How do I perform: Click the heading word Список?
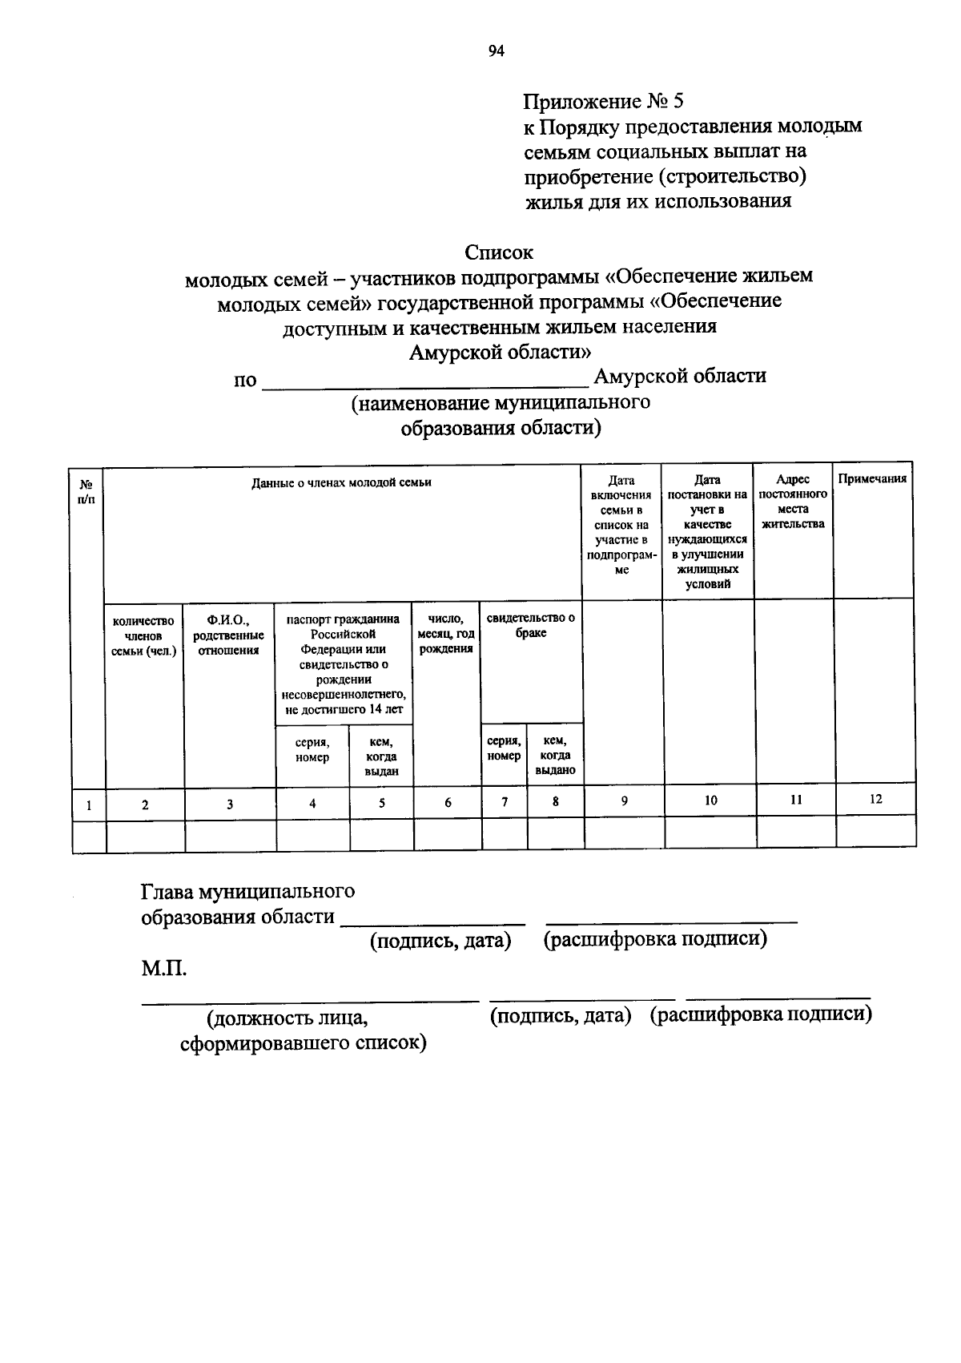[499, 252]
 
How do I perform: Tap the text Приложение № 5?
[603, 102]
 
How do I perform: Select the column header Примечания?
[872, 479]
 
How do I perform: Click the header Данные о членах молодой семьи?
[341, 482]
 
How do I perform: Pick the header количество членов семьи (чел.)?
[144, 636]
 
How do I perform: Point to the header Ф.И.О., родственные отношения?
[229, 635]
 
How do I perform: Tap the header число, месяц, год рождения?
[446, 634]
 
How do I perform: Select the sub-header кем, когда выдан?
[381, 756]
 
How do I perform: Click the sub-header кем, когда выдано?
[555, 755]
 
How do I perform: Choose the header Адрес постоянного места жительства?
[793, 502]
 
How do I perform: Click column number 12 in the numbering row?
[875, 799]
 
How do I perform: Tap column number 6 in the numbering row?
[448, 802]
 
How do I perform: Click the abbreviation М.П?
[164, 969]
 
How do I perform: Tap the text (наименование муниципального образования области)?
[501, 414]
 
